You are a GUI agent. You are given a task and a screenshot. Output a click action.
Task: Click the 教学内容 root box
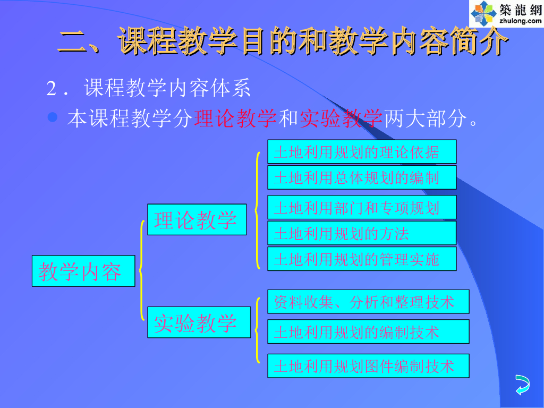point(83,271)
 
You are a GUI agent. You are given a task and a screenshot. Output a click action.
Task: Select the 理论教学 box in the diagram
point(197,219)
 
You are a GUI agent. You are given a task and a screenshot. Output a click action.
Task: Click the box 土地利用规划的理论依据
point(361,152)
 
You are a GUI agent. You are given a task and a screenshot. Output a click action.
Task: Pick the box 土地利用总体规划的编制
point(361,177)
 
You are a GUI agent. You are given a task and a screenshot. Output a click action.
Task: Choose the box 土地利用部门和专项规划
point(361,207)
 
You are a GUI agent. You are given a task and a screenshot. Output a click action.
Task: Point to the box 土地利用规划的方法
point(361,233)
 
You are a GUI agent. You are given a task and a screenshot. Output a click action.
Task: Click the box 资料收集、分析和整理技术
point(368,302)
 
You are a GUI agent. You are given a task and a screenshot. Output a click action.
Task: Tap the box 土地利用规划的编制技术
point(368,331)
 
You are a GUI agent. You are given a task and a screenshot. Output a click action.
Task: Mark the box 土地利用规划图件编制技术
point(368,366)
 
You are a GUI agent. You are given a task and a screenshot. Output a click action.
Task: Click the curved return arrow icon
point(522,384)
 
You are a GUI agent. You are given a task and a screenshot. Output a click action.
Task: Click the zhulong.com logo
point(505,13)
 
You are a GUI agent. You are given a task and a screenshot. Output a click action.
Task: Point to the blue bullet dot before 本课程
point(53,117)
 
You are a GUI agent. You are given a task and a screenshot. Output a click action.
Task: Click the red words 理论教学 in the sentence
point(236,118)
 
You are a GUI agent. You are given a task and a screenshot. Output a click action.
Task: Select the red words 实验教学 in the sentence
point(341,118)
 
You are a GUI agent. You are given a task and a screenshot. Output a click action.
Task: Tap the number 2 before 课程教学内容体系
point(52,89)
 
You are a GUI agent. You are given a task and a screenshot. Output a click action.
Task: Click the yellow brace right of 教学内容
point(141,271)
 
